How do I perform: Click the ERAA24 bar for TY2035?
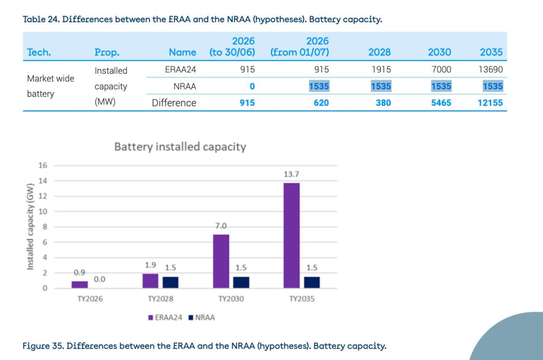pyautogui.click(x=291, y=235)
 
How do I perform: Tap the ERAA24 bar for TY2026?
pyautogui.click(x=80, y=284)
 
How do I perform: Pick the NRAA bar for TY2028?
pyautogui.click(x=170, y=282)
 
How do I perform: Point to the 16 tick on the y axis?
pyautogui.click(x=43, y=166)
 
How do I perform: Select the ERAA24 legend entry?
pyautogui.click(x=166, y=317)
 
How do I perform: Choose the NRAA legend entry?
pyautogui.click(x=202, y=317)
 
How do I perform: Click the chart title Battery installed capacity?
pyautogui.click(x=180, y=147)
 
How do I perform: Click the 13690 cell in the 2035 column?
pyautogui.click(x=491, y=70)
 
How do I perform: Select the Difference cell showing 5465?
pyautogui.click(x=441, y=103)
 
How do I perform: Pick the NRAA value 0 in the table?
pyautogui.click(x=252, y=86)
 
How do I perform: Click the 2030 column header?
pyautogui.click(x=439, y=52)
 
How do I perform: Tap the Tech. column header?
pyautogui.click(x=39, y=52)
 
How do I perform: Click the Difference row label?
pyautogui.click(x=174, y=103)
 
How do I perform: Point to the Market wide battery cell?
pyautogui.click(x=50, y=86)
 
